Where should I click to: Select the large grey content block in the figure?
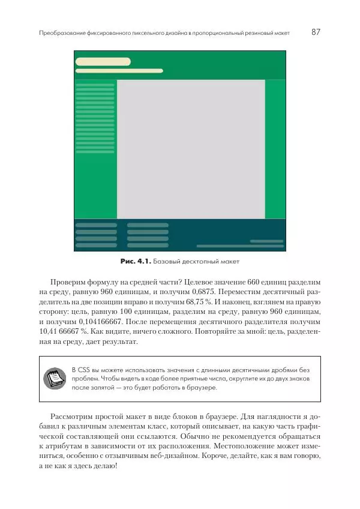tap(191, 149)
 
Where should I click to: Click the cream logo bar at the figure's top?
tap(103, 61)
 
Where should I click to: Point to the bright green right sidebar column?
tap(275, 149)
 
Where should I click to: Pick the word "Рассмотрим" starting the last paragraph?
tap(74, 416)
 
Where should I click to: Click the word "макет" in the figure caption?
tap(230, 262)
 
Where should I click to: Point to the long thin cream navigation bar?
tap(119, 71)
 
